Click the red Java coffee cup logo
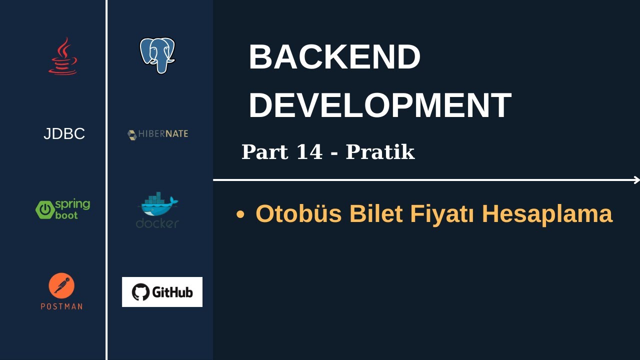(63, 56)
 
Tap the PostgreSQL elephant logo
(157, 55)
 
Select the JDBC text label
(64, 134)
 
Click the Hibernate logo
(157, 134)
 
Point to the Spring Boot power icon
(44, 209)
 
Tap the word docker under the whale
(157, 223)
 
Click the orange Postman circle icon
(61, 285)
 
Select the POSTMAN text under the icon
(61, 306)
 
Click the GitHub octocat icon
(140, 292)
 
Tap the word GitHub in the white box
(172, 292)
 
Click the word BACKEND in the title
(334, 57)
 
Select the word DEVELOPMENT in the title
(379, 105)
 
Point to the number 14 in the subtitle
(309, 152)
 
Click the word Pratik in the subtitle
(380, 152)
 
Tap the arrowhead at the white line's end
(636, 180)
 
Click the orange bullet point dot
(240, 214)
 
